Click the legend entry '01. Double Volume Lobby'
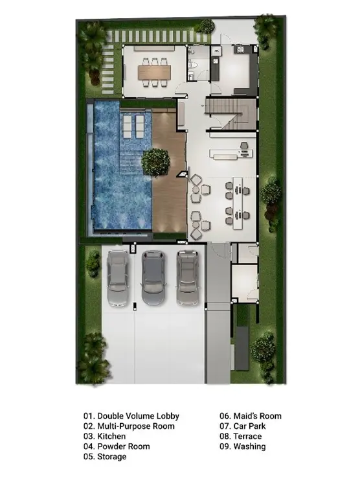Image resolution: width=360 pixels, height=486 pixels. tap(131, 416)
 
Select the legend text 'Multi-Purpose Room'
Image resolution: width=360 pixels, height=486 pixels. tap(136, 426)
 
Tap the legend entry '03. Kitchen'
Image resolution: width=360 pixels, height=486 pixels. tap(104, 436)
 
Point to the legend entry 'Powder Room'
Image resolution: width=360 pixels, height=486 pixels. tap(124, 446)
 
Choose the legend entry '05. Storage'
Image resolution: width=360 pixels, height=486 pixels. tap(105, 457)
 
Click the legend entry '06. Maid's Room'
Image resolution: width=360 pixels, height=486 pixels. tap(251, 416)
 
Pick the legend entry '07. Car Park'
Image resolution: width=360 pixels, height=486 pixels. tap(243, 426)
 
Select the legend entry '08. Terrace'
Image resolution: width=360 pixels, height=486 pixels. tap(241, 436)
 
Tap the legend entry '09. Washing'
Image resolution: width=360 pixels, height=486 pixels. tap(243, 446)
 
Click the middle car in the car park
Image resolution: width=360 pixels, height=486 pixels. tap(153, 277)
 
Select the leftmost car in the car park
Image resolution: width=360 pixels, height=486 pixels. tap(118, 278)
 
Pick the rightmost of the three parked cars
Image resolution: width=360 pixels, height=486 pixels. tap(188, 277)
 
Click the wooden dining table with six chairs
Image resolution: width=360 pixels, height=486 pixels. tap(154, 72)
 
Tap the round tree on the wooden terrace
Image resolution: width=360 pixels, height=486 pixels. tap(155, 162)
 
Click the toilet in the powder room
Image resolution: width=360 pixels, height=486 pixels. tap(192, 64)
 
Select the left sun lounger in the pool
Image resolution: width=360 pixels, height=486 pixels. tap(128, 126)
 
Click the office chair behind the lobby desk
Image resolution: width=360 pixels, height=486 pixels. tap(244, 145)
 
